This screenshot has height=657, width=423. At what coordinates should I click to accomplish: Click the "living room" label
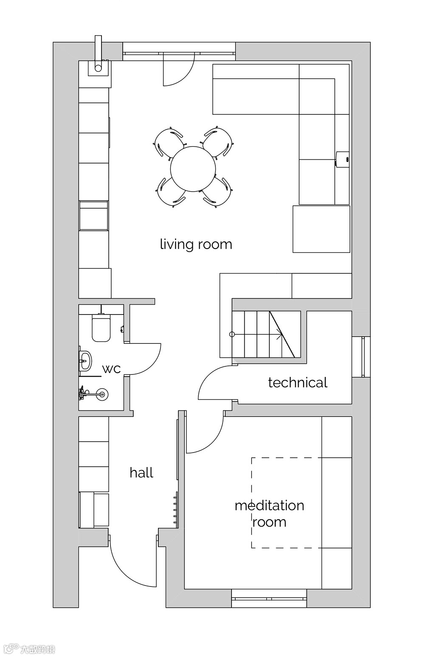[196, 244]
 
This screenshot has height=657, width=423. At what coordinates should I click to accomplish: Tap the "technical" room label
[298, 382]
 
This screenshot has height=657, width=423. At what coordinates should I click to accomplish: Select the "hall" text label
[141, 473]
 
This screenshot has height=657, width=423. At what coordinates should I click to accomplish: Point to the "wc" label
[111, 369]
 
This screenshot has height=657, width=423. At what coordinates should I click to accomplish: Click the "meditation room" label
[269, 514]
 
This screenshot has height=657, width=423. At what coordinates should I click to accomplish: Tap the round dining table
[193, 169]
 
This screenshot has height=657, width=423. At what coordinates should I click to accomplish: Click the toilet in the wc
[101, 328]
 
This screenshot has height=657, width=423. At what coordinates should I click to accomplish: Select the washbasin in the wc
[85, 360]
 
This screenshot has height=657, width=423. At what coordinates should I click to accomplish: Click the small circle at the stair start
[232, 334]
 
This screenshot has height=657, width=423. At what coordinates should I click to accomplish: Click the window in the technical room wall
[363, 357]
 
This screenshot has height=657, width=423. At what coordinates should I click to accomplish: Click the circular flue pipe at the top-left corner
[98, 68]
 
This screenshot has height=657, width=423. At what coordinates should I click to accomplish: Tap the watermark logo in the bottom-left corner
[29, 649]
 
